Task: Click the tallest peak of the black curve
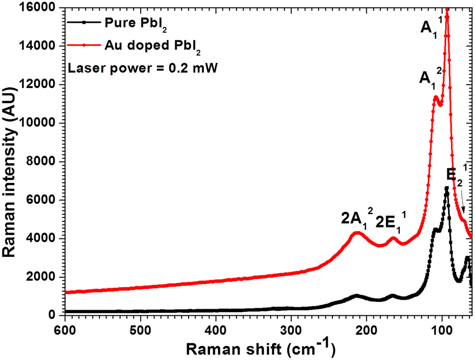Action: [446, 188]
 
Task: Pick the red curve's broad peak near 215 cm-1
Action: [357, 233]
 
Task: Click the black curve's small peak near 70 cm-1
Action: [467, 257]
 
